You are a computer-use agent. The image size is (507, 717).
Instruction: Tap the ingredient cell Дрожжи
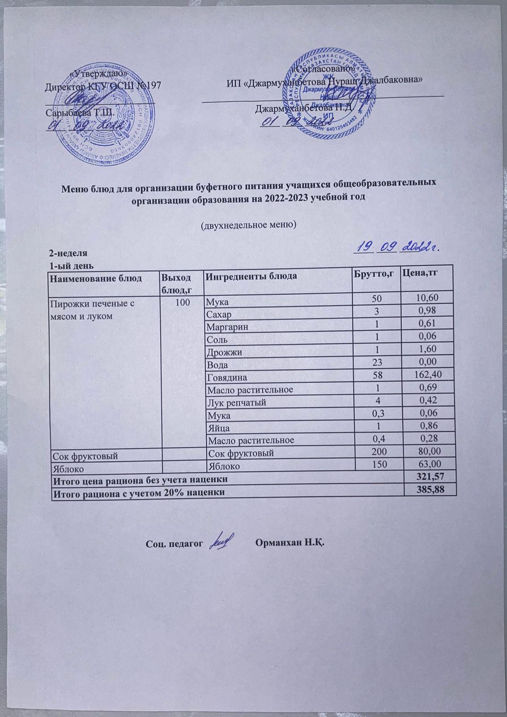(223, 352)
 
